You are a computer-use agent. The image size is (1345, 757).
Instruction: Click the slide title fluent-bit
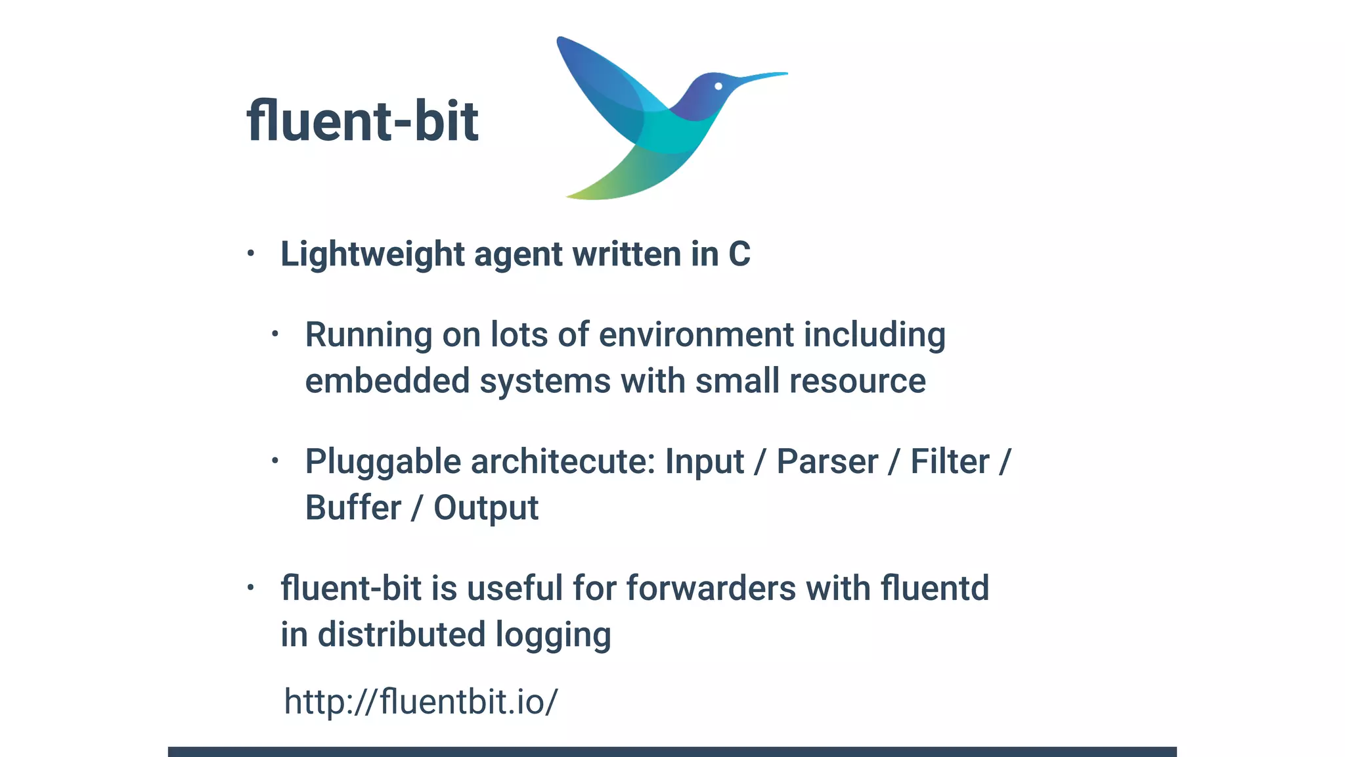tap(362, 121)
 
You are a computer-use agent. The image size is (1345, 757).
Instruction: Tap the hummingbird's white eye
tap(718, 86)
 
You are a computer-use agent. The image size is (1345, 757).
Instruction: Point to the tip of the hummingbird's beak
tap(785, 74)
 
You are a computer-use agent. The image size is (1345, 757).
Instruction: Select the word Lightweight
tap(372, 254)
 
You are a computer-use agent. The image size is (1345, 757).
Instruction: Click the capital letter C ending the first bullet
tap(739, 254)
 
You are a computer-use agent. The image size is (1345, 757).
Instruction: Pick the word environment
tap(696, 334)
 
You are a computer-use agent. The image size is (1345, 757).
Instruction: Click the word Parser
tap(827, 461)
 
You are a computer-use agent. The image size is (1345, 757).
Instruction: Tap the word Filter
tap(950, 461)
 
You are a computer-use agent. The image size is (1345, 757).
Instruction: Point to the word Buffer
tap(353, 508)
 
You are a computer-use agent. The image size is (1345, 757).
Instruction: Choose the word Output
tap(486, 508)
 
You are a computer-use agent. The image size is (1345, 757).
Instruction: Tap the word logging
tap(553, 635)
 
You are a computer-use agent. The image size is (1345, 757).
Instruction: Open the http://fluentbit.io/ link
tap(420, 702)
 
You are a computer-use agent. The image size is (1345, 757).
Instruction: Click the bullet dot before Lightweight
tap(250, 253)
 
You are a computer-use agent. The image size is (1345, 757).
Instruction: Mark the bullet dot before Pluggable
tap(275, 461)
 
